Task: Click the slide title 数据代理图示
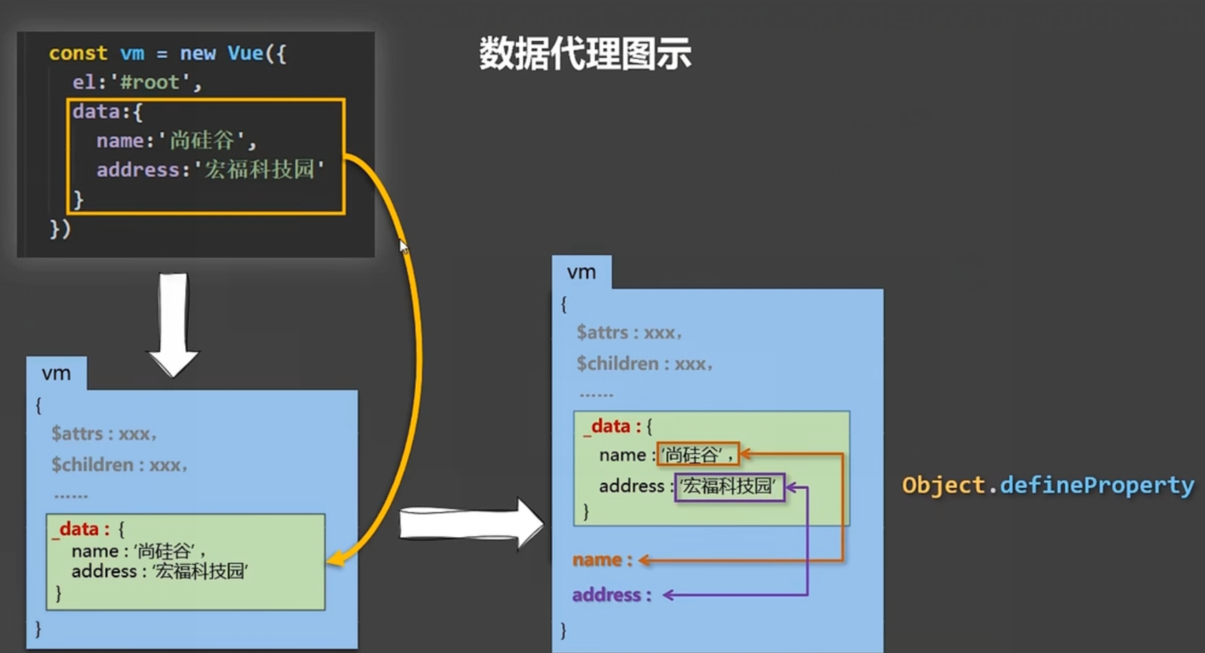pyautogui.click(x=585, y=54)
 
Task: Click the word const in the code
pyautogui.click(x=78, y=53)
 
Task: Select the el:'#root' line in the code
pyautogui.click(x=137, y=83)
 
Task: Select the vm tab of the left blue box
pyautogui.click(x=56, y=373)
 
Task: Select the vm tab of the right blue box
pyautogui.click(x=582, y=272)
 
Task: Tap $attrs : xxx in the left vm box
pyautogui.click(x=104, y=434)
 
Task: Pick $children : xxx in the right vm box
pyautogui.click(x=644, y=363)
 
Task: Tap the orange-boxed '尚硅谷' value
pyautogui.click(x=697, y=455)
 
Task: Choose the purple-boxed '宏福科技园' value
pyautogui.click(x=729, y=486)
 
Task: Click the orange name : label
pyautogui.click(x=602, y=560)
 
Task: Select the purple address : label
pyautogui.click(x=611, y=595)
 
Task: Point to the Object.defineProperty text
pyautogui.click(x=1047, y=486)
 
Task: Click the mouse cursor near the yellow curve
pyautogui.click(x=403, y=247)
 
